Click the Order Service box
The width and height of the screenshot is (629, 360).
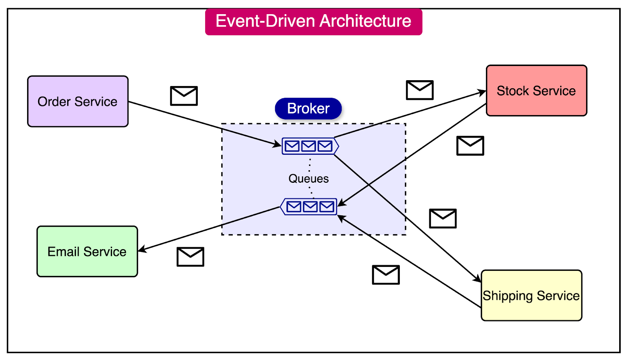[78, 101]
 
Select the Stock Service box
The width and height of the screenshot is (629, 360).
[536, 91]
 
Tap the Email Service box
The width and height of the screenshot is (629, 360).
[87, 252]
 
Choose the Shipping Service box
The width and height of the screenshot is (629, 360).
[531, 296]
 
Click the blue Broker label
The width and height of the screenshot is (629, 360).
[308, 108]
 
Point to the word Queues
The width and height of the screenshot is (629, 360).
[309, 179]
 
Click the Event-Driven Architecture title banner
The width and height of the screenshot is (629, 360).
[313, 22]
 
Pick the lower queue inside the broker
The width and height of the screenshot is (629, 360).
[309, 207]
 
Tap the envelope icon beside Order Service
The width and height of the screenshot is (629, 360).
[184, 96]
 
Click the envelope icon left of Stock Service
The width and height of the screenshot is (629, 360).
[419, 90]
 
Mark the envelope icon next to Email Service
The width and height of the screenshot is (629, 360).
[190, 257]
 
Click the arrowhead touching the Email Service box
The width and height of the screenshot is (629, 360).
[142, 250]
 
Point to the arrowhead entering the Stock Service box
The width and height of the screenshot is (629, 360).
[482, 92]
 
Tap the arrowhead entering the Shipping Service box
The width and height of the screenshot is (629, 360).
[477, 279]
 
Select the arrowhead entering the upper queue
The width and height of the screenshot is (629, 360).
[278, 144]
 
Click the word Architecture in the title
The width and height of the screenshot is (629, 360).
[366, 21]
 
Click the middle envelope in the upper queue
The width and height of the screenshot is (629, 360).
[309, 146]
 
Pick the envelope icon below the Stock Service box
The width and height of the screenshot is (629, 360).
[470, 146]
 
